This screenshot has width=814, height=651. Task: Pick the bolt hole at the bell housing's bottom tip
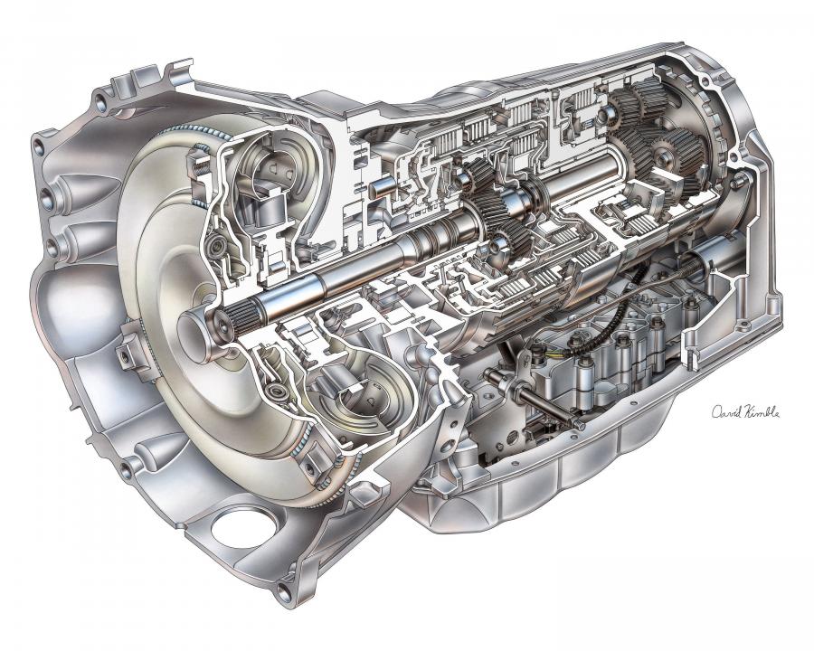point(284,592)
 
